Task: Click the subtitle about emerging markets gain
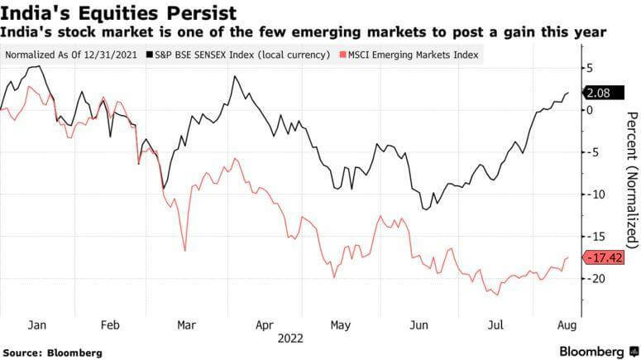(304, 32)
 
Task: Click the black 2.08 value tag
(601, 94)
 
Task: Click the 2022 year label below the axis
(291, 338)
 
